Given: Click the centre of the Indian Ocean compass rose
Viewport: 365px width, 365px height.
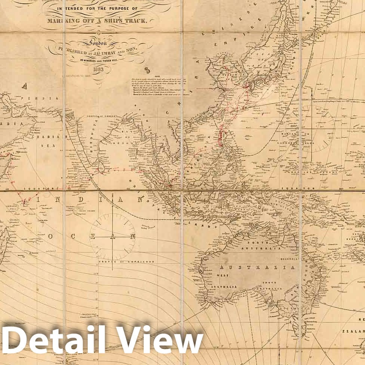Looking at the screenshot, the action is pyautogui.click(x=112, y=237).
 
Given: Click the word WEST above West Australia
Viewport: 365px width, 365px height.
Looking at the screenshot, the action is pyautogui.click(x=221, y=275).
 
